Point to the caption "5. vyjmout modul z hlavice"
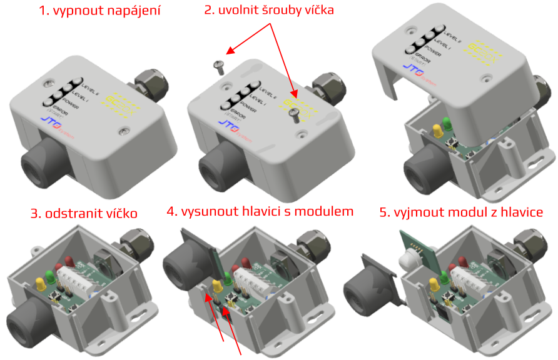[x=461, y=212]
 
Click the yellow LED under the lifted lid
[x=437, y=131]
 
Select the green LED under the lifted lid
[x=447, y=122]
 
